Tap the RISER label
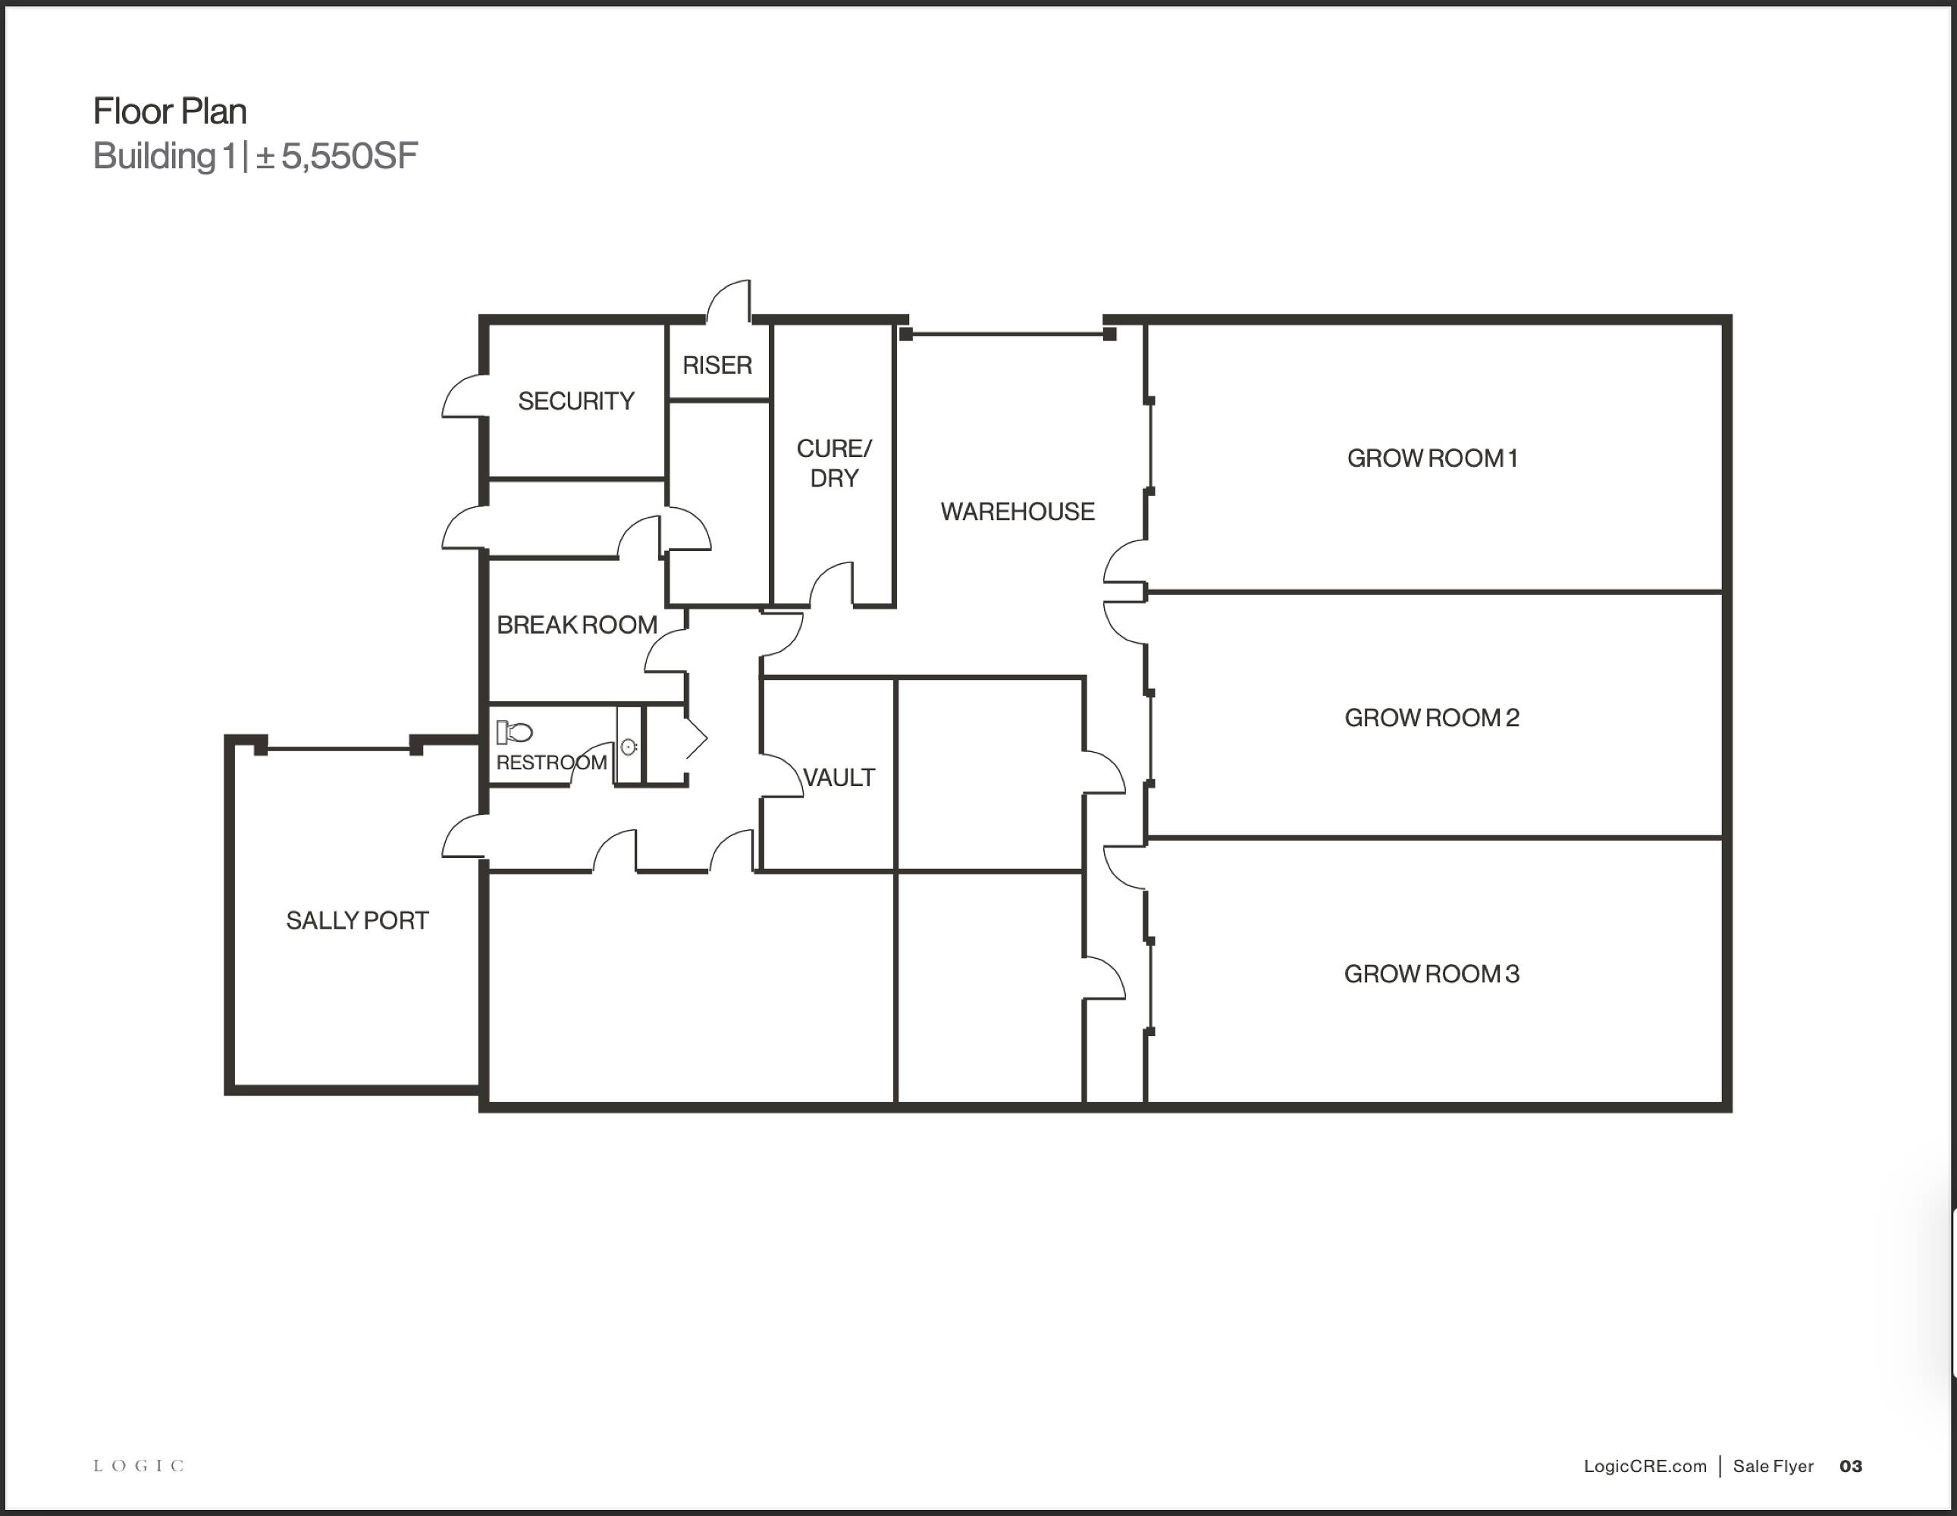[717, 365]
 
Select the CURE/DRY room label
[833, 463]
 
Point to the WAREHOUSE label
[1017, 512]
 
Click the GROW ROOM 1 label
[1432, 458]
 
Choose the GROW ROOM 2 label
[1432, 718]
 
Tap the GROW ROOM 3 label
[1432, 974]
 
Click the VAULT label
[839, 778]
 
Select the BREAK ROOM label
[577, 625]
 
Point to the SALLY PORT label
[358, 920]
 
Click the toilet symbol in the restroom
[514, 733]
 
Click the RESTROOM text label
[552, 763]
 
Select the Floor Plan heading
[171, 111]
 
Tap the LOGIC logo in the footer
[139, 1466]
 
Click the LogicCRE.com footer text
[1645, 1466]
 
